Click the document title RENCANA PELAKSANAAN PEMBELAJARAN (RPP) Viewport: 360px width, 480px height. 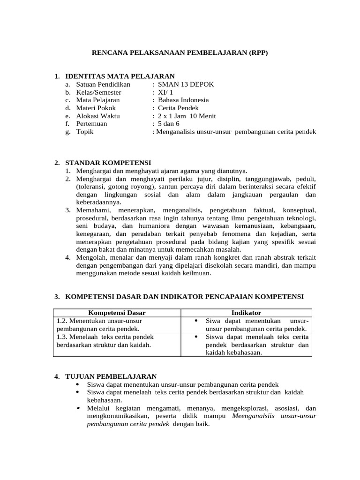[x=180, y=53]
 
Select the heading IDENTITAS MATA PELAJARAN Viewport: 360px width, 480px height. [x=120, y=76]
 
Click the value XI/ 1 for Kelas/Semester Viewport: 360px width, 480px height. [x=165, y=92]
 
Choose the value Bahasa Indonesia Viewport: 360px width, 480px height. [x=183, y=100]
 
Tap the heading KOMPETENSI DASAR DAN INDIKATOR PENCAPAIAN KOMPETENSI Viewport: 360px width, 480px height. [x=184, y=297]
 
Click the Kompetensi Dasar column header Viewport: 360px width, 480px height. [x=117, y=313]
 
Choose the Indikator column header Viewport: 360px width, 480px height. [x=246, y=313]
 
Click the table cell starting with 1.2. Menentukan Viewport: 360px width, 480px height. [x=117, y=324]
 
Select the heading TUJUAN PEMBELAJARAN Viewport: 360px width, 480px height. [x=111, y=376]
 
